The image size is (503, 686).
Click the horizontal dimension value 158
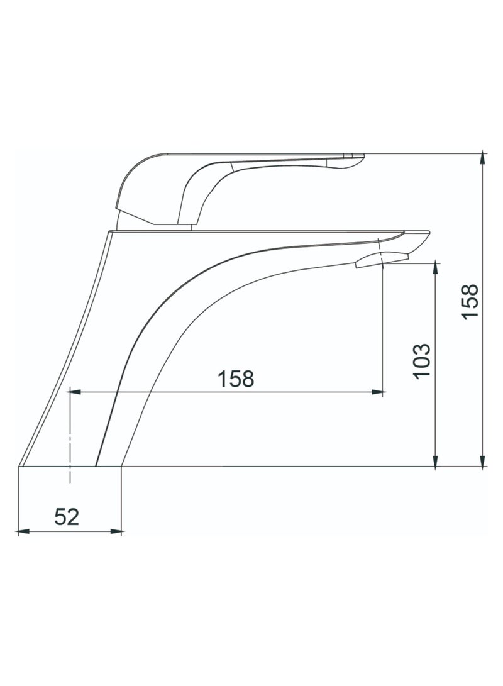236,379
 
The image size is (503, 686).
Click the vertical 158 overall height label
470,302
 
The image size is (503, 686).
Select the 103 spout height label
421,360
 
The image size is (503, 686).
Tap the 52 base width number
67,517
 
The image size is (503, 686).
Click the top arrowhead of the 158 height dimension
482,157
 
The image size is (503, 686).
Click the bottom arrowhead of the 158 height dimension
482,462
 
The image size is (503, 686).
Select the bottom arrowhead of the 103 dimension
436,462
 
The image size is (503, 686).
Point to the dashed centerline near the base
70,440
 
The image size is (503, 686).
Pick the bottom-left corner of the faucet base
19,467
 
